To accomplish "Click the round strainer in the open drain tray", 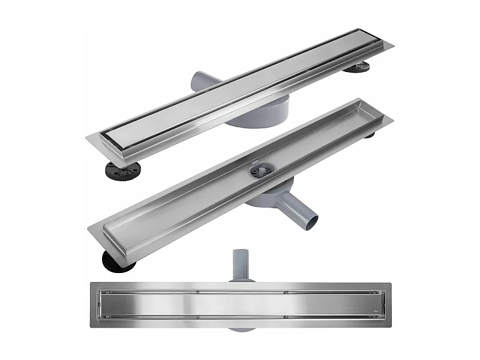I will pos(262,170).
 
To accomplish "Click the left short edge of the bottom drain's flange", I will pos(92,305).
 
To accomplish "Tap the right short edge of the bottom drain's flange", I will pos(389,305).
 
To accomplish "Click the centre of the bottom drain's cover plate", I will pos(240,304).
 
